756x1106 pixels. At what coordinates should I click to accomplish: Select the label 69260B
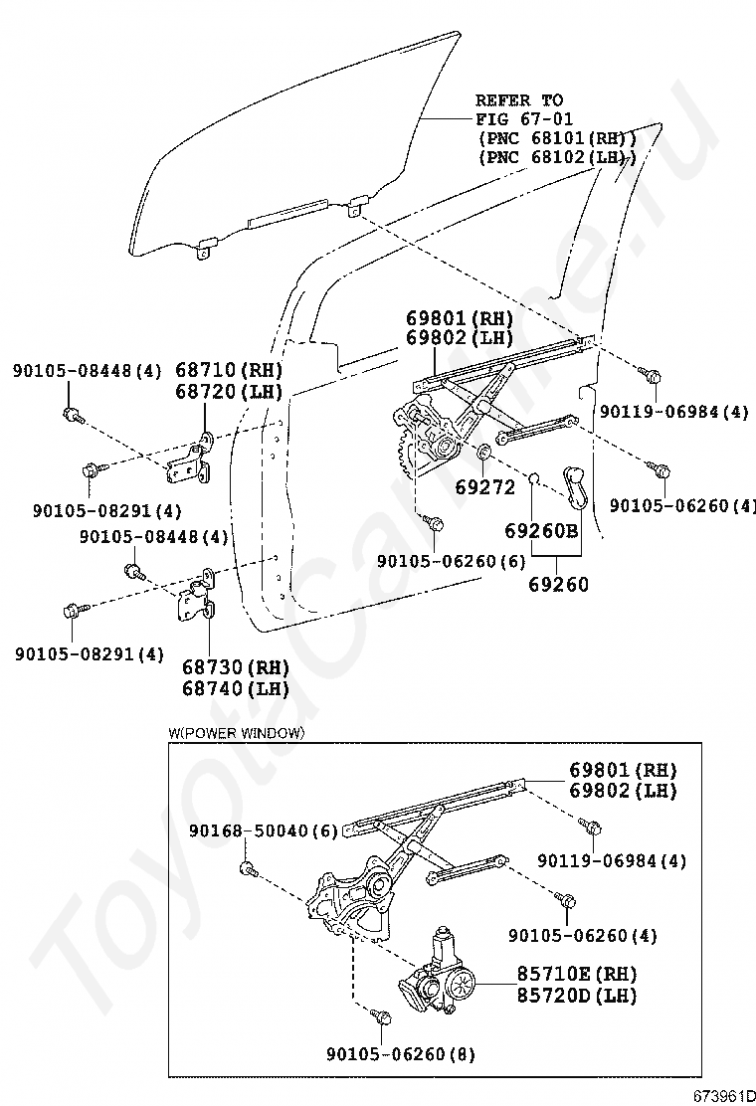tap(541, 530)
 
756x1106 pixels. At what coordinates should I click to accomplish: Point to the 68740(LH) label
tap(236, 687)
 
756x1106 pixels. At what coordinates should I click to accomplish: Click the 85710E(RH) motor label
tap(577, 973)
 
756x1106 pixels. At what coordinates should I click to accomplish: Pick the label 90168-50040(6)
tap(263, 830)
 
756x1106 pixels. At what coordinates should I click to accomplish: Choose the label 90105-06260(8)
tap(399, 1053)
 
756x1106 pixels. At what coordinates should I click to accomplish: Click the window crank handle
tap(575, 483)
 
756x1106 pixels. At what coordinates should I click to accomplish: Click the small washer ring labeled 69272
tap(486, 456)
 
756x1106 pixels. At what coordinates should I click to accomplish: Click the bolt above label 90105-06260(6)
tap(434, 522)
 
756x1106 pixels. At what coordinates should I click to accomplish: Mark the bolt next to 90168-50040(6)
tap(248, 870)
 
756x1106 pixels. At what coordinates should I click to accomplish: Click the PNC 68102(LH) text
tap(556, 157)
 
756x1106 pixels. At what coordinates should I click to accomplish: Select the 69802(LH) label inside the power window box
tap(623, 791)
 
